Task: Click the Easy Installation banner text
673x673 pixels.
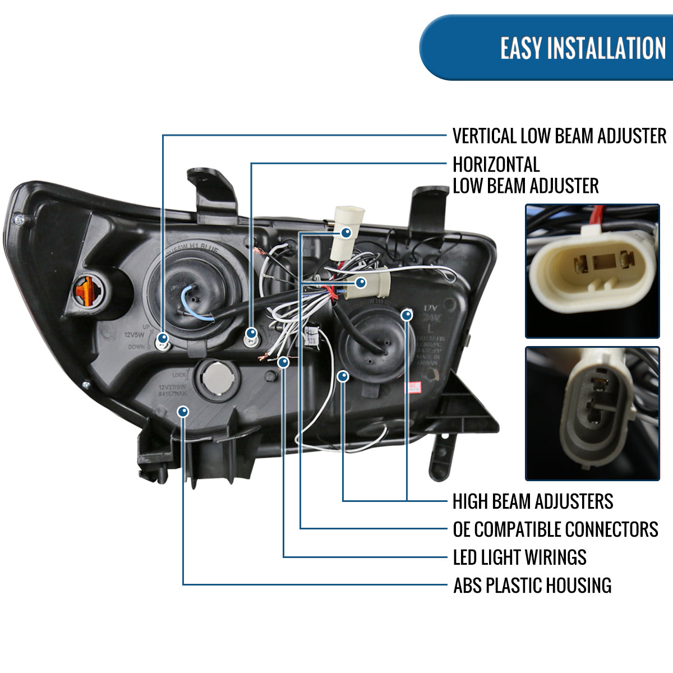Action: [583, 48]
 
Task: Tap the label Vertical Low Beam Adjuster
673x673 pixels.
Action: [559, 136]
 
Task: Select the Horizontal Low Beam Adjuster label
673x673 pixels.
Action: [525, 175]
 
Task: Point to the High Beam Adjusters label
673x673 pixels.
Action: [533, 501]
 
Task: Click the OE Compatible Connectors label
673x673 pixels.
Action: [555, 529]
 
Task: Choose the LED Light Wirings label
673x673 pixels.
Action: [519, 557]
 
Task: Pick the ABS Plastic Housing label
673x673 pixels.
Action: [532, 586]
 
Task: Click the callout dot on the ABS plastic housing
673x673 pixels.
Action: [183, 412]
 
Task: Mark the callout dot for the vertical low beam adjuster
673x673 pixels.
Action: [163, 338]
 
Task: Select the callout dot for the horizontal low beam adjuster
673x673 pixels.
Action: [251, 333]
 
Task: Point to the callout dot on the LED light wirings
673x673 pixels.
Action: [284, 362]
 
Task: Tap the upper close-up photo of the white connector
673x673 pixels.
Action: [592, 271]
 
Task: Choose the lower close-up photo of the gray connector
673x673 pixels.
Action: [592, 413]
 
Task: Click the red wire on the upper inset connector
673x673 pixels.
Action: [597, 215]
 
